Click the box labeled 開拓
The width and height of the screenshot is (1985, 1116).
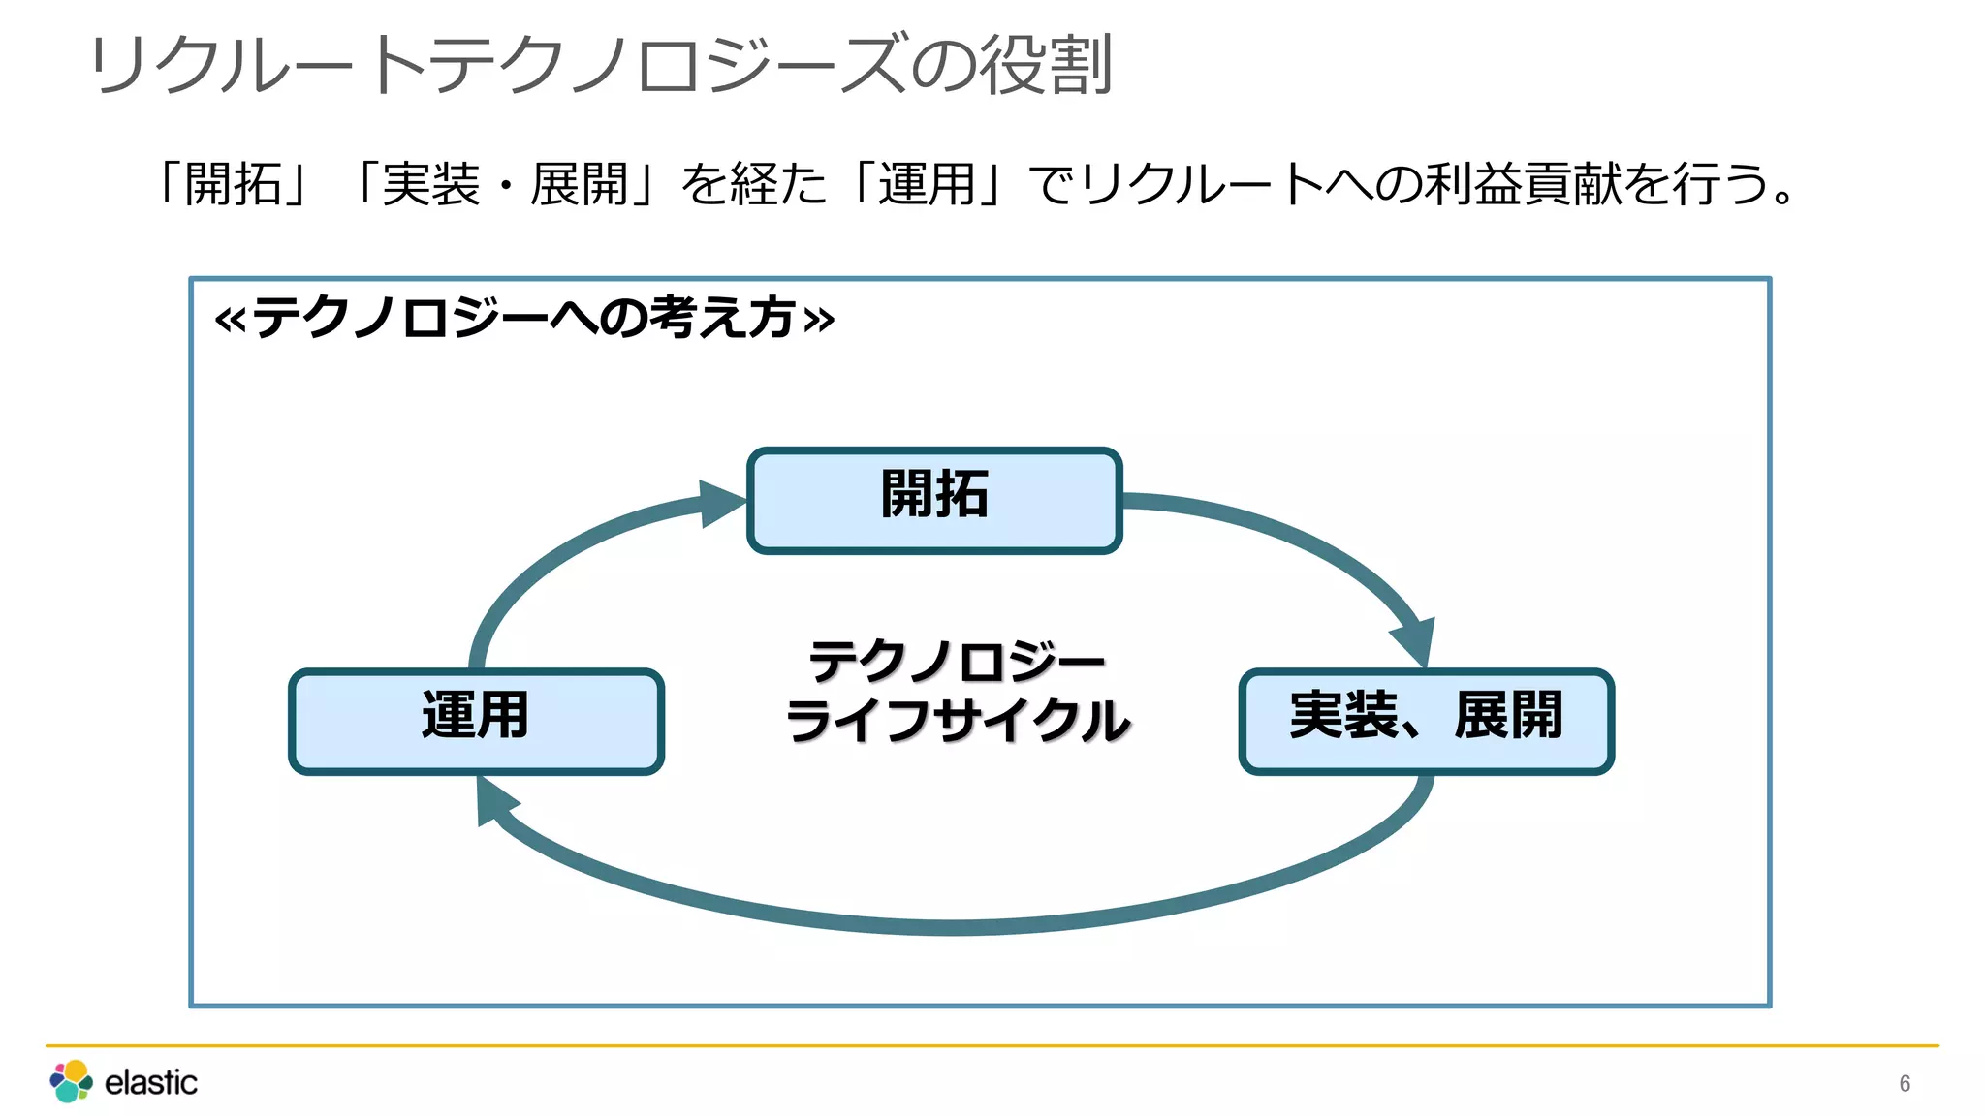tap(934, 500)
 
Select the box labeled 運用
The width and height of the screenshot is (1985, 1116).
tap(476, 721)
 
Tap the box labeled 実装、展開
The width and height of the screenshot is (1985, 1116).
tap(1426, 721)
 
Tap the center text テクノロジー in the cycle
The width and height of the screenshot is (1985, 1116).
tap(957, 662)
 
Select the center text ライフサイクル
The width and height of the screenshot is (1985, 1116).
tap(957, 722)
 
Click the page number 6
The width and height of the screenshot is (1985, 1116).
tap(1905, 1083)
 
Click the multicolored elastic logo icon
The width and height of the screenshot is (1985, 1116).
tap(71, 1081)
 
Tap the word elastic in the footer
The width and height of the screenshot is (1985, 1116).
tap(150, 1082)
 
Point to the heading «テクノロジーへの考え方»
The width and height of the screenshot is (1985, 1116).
tap(524, 318)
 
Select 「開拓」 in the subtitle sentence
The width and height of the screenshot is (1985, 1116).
tap(234, 184)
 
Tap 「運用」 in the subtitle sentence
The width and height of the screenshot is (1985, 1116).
tap(926, 184)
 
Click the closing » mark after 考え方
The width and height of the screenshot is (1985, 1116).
tap(819, 320)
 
